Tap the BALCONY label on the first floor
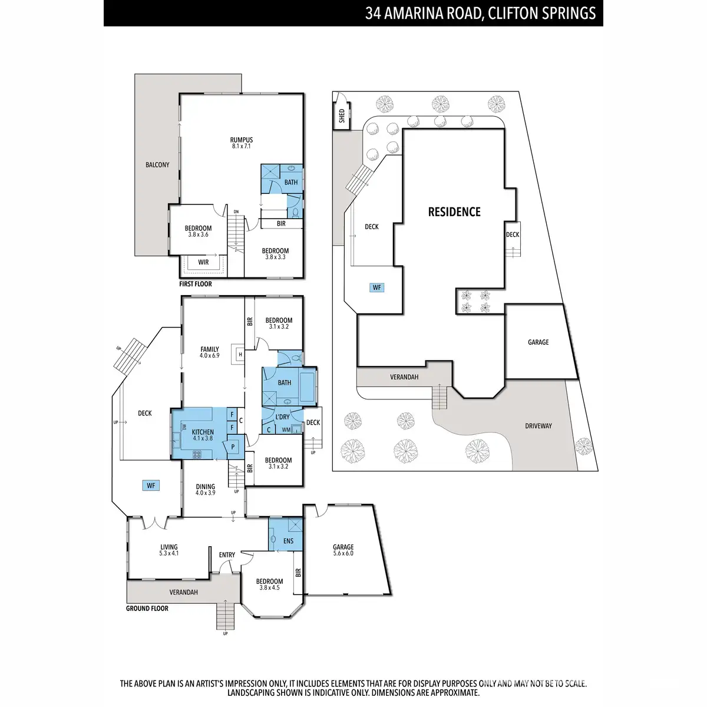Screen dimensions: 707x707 [x=157, y=165]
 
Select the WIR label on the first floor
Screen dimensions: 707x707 [x=203, y=262]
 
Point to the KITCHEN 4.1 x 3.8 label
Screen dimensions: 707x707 [x=203, y=435]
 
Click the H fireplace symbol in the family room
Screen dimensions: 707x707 [x=240, y=355]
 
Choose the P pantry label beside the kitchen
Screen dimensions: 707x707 [x=233, y=447]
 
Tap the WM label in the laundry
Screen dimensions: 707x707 [x=286, y=430]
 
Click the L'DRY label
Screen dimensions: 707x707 [x=283, y=417]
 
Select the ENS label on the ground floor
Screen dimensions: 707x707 [x=288, y=541]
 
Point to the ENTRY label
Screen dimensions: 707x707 [x=227, y=555]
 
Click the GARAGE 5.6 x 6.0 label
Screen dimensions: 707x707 [x=343, y=550]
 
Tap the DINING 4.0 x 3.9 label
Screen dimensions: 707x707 [x=205, y=490]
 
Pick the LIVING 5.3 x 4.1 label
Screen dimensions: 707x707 [x=169, y=550]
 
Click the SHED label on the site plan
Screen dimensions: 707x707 [x=342, y=116]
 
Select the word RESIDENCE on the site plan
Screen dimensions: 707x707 [x=454, y=212]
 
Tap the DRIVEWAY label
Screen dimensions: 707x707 [x=538, y=426]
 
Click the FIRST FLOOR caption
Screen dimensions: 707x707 [x=195, y=284]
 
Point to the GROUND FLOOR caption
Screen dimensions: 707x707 [x=147, y=608]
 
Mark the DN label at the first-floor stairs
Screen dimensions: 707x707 [x=236, y=212]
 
